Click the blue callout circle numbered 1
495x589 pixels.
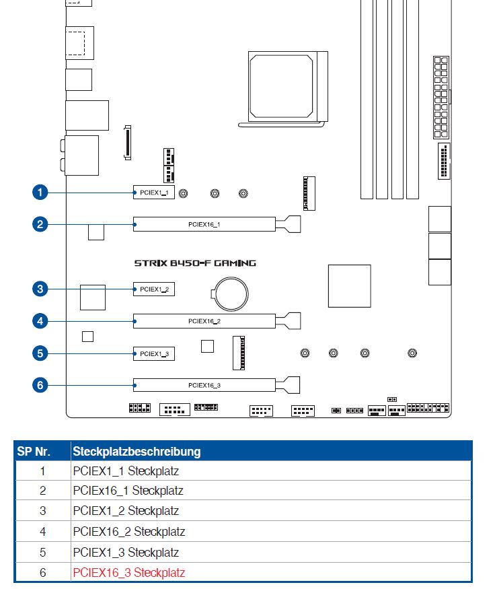[x=40, y=193]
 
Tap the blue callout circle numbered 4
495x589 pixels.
[x=40, y=321]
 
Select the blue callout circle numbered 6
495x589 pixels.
[x=40, y=385]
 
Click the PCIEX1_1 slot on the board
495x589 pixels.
[x=153, y=193]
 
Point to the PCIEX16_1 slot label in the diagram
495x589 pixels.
[x=204, y=224]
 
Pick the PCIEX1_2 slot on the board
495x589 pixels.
[x=153, y=289]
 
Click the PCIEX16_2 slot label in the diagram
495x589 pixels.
[x=204, y=322]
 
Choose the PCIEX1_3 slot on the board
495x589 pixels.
[x=153, y=353]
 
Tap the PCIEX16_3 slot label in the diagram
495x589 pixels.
[x=204, y=385]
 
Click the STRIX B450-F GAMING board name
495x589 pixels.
[x=195, y=263]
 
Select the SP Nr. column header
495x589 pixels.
[x=42, y=451]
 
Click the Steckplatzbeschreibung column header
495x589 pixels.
[x=137, y=451]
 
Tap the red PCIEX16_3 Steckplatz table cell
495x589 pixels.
[x=128, y=573]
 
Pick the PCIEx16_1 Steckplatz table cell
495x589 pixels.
[x=128, y=491]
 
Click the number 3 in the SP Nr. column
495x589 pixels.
[x=42, y=511]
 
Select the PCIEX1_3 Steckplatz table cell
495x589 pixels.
[x=126, y=553]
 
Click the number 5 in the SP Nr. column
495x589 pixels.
[x=42, y=553]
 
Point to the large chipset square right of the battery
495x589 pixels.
[x=349, y=286]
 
